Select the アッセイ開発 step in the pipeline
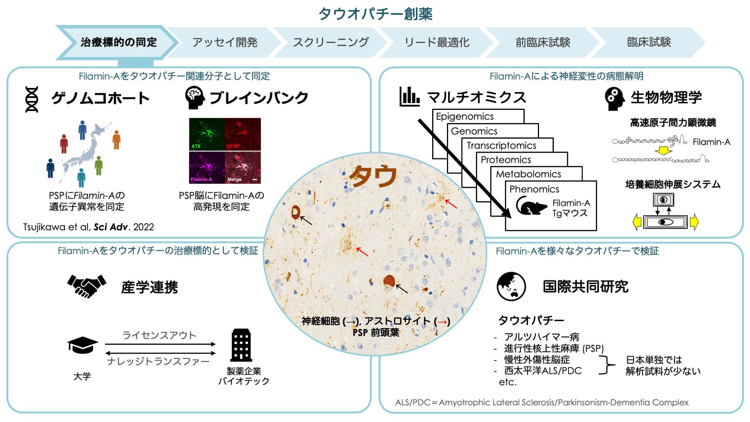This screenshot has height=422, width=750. pos(225,42)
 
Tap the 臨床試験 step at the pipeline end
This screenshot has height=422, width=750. pos(648,42)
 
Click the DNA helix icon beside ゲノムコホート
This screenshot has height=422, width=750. pos(32,99)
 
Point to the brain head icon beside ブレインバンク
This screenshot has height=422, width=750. pos(195,98)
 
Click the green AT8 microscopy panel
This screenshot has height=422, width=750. pos(207,134)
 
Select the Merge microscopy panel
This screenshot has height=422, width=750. pos(243,167)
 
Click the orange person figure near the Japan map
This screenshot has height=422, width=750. pos(116,139)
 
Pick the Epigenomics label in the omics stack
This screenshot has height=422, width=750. pos(465,116)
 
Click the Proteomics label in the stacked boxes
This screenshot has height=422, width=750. pos(506,159)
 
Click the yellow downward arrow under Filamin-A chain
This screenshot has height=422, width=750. pos(663,151)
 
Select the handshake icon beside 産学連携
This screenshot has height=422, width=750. pos(87,286)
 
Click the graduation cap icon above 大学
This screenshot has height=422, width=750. pos(83,345)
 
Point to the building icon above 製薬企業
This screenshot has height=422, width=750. pos(241,345)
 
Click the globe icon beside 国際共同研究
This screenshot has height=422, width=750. pos(511,286)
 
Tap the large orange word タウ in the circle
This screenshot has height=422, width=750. pos(373,176)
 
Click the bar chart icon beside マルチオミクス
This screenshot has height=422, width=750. pos(409,97)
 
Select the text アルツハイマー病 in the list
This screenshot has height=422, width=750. pos(541,337)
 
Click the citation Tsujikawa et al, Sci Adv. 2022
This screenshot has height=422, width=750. pos(89,227)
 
